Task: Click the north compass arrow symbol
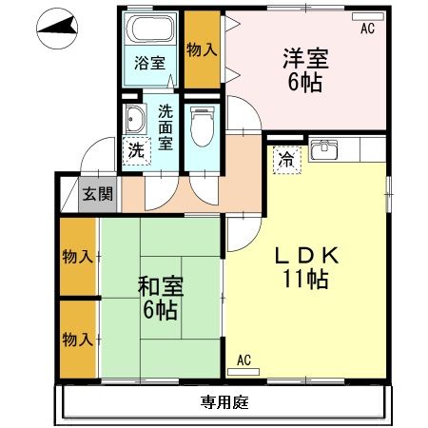tap(58, 29)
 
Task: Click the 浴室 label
tap(148, 62)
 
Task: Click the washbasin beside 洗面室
tap(134, 120)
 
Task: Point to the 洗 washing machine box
tap(136, 149)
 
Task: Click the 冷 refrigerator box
tap(283, 160)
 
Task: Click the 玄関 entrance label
tap(96, 194)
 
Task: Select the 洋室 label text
tap(305, 58)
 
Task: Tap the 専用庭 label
tap(224, 401)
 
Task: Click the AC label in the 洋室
tap(367, 29)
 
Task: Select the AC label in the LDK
tap(243, 359)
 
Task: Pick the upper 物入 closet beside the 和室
tap(78, 257)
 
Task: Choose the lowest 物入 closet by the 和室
tap(78, 339)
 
